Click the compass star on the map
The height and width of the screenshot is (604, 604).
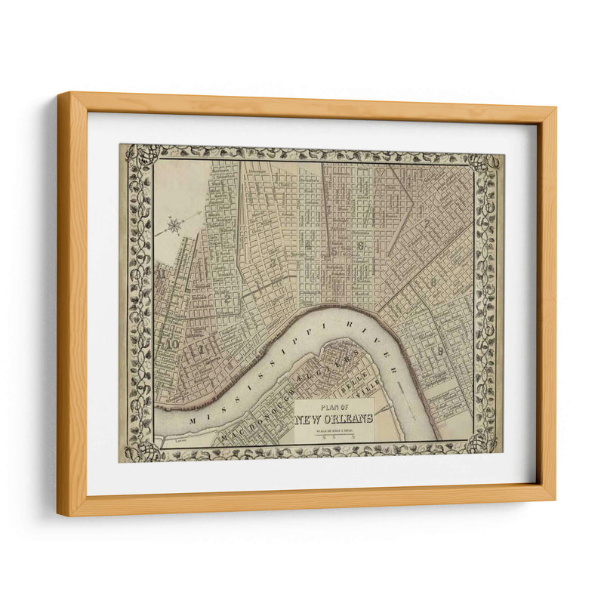point(174,224)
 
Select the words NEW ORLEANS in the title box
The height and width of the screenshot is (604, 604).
point(334,420)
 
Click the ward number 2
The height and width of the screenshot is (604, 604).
point(227,299)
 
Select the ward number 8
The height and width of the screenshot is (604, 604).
point(433,282)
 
